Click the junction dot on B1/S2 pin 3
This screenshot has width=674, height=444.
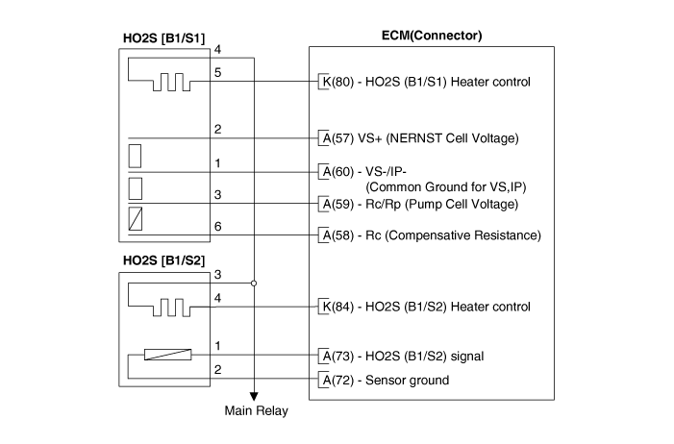click(254, 284)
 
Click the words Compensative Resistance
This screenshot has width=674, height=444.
click(466, 234)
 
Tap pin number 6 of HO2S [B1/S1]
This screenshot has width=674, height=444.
click(218, 226)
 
